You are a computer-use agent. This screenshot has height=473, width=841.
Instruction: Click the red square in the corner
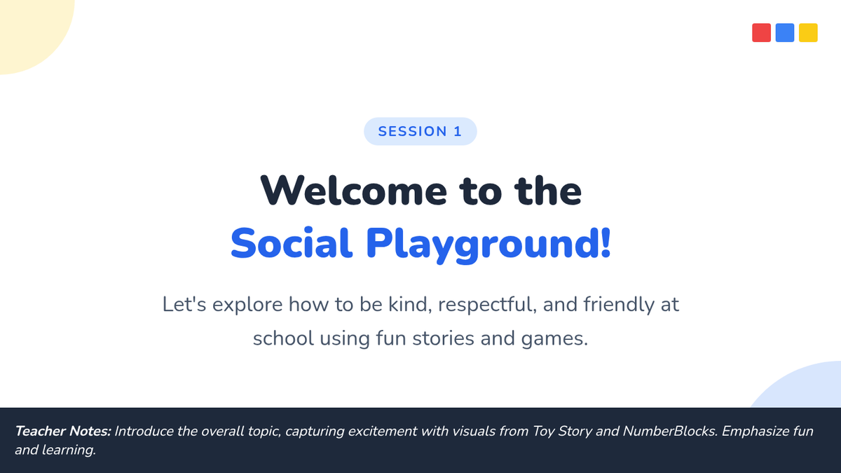761,33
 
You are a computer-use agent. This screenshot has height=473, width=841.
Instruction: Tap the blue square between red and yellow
785,33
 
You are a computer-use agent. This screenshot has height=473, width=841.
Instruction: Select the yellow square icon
808,33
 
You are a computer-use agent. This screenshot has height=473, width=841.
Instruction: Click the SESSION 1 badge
420,132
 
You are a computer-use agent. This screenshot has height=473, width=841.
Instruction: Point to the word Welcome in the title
354,191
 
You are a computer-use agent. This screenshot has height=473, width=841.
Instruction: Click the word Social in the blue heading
292,243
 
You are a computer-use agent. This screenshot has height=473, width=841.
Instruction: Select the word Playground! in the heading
488,245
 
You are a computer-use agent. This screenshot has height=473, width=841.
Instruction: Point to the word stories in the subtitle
444,338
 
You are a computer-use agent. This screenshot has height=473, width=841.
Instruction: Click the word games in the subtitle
554,339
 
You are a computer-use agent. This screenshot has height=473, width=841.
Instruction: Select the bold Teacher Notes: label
63,431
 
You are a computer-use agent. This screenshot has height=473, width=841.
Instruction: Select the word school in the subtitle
283,338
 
